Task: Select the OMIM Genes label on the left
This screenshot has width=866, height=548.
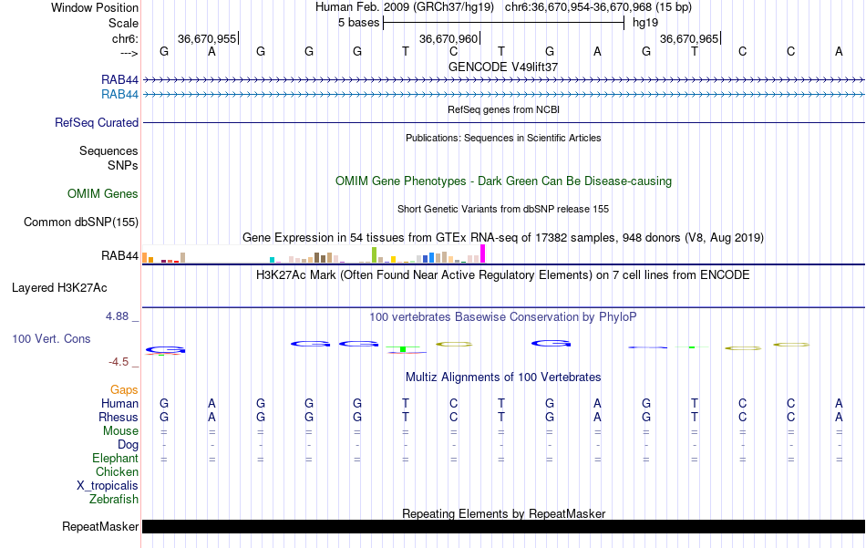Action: pos(103,194)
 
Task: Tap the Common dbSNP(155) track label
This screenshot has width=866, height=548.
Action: pos(81,222)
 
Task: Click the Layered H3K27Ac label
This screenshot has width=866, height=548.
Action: pos(59,288)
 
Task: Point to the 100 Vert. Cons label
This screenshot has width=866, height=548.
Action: pos(51,339)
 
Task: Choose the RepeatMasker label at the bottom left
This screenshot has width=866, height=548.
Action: pos(100,527)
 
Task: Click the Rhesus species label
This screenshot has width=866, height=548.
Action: pos(119,418)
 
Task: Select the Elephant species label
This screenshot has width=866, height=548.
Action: pos(115,459)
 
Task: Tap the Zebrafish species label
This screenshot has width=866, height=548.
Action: pos(114,500)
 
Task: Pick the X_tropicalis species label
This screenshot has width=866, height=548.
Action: pos(108,486)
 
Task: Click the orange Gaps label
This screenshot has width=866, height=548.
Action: pos(124,390)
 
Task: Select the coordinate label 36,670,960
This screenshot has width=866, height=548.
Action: pos(448,39)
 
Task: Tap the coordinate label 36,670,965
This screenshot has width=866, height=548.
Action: pos(688,39)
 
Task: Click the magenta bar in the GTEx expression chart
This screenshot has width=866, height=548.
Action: pos(483,253)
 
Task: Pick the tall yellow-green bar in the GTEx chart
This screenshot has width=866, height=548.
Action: pos(374,254)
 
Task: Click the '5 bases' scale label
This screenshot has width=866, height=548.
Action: pos(358,23)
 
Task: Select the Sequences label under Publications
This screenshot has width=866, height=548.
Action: pos(108,151)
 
